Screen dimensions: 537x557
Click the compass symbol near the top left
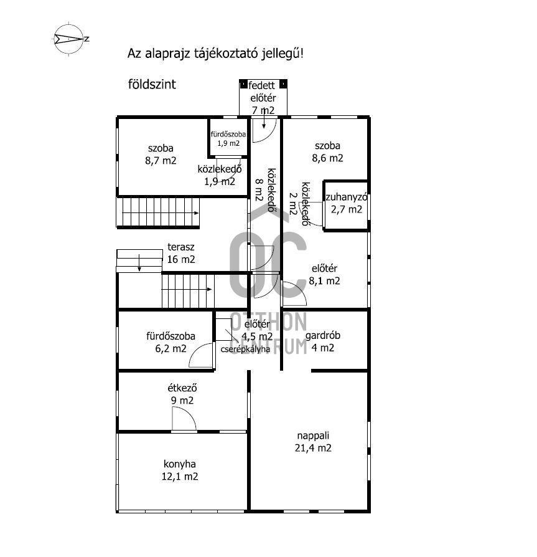(x=69, y=39)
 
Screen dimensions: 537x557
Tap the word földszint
(x=152, y=84)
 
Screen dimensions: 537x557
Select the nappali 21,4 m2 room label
(x=313, y=442)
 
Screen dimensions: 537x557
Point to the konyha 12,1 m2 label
(x=180, y=470)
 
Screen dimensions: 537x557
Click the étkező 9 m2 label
(x=182, y=394)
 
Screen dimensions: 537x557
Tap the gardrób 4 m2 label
(x=323, y=341)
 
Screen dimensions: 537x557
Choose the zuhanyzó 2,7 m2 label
(x=347, y=203)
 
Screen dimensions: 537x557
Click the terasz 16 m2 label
(x=181, y=253)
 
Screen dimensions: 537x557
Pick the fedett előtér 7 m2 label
(x=263, y=98)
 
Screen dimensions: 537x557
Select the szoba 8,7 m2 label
(x=161, y=154)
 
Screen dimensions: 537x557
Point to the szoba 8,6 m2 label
(x=327, y=151)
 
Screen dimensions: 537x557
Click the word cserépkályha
(x=245, y=349)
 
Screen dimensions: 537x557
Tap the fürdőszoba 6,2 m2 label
(x=170, y=342)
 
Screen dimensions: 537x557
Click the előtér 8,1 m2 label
(x=324, y=275)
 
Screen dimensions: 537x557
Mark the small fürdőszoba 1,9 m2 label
(x=228, y=138)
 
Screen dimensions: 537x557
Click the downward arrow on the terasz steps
(x=139, y=263)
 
